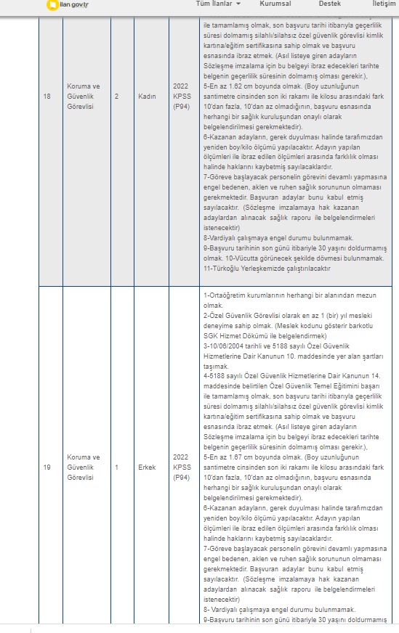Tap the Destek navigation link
[x=329, y=4]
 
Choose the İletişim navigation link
[x=384, y=4]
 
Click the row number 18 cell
[x=47, y=96]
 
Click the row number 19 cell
[x=47, y=467]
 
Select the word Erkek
[x=147, y=467]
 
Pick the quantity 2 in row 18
[x=116, y=96]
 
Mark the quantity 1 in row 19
[x=116, y=467]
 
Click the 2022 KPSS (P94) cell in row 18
[x=181, y=96]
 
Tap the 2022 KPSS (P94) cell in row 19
[x=181, y=467]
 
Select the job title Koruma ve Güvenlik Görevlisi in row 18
[x=82, y=96]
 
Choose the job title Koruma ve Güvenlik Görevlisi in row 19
[x=82, y=467]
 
